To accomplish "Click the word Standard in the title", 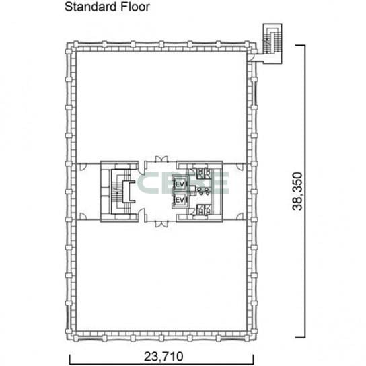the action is click(91, 7).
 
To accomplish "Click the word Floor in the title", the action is click(135, 7).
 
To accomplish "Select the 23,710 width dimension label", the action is click(163, 357).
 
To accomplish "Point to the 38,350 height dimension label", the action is click(297, 191).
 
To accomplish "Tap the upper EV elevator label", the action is click(180, 184).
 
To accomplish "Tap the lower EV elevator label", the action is click(180, 200).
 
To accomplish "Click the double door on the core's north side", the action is click(161, 159).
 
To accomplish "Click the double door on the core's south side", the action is click(161, 224).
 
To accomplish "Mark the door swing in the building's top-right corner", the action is click(251, 57).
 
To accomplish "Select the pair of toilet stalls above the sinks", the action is click(204, 173).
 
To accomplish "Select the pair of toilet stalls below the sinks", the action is click(204, 209).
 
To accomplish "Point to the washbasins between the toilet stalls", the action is click(204, 191).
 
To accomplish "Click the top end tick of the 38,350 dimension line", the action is click(300, 45).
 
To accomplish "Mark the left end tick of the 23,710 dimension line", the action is click(70, 359).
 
